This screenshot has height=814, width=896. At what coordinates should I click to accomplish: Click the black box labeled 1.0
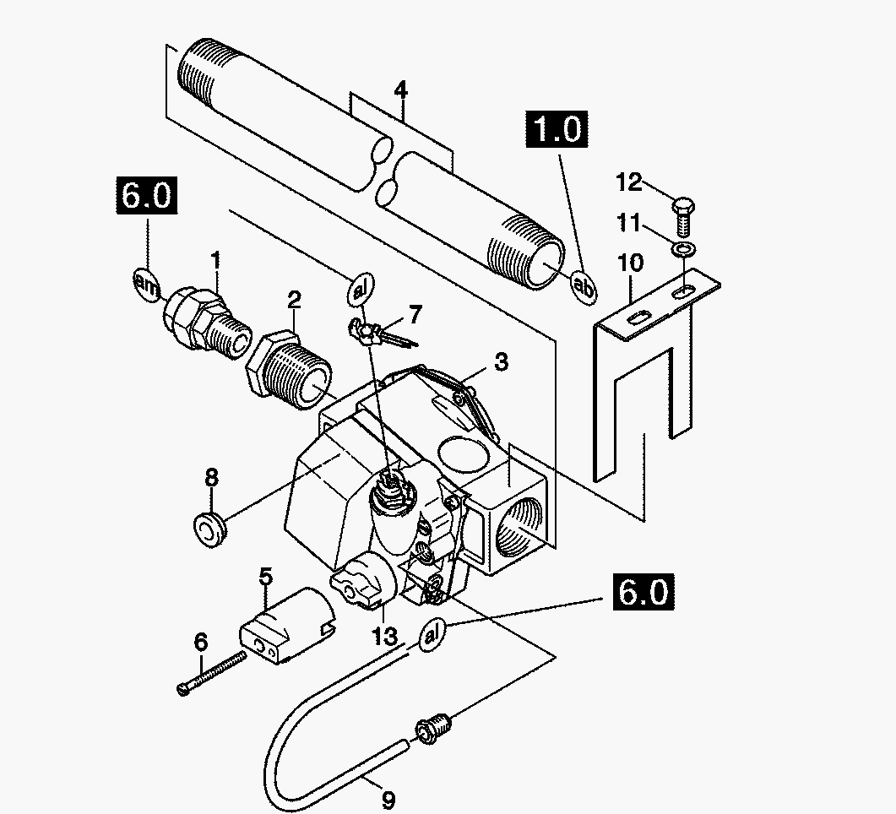click(x=557, y=128)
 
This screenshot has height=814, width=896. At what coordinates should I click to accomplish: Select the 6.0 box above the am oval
click(x=146, y=195)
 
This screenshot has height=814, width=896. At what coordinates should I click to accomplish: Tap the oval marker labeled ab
click(x=584, y=285)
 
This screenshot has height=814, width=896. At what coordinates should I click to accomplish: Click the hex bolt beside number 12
click(x=683, y=217)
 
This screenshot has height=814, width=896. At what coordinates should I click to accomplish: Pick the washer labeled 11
click(x=683, y=249)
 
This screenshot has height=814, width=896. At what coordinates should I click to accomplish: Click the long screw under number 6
click(x=212, y=673)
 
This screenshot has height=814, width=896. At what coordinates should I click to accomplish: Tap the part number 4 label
click(x=401, y=91)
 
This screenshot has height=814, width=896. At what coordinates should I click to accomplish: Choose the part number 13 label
click(x=384, y=635)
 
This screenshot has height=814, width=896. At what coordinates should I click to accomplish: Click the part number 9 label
click(x=388, y=800)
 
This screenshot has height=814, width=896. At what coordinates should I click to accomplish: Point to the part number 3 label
click(x=501, y=361)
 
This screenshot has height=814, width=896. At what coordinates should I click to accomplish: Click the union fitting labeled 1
click(x=207, y=323)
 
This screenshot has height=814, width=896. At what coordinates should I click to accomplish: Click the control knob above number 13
click(x=363, y=582)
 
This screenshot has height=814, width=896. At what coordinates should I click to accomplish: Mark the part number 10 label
click(x=630, y=263)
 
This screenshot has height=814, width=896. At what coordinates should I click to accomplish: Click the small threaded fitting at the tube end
click(x=433, y=729)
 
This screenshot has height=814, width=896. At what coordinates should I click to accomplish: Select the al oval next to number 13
click(x=432, y=634)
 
